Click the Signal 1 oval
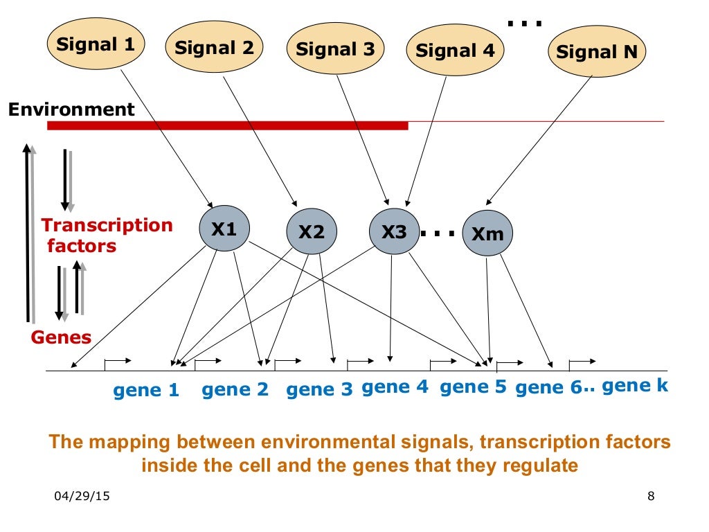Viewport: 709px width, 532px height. click(x=96, y=44)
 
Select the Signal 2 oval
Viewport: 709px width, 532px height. click(x=214, y=48)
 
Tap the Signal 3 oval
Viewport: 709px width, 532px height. click(x=335, y=49)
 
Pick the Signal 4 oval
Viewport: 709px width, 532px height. click(x=455, y=51)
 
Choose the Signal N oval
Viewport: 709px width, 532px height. click(x=596, y=51)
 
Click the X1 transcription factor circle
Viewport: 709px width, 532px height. click(x=224, y=229)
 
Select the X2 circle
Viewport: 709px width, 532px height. click(x=312, y=232)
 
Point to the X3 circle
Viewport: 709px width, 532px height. click(x=394, y=231)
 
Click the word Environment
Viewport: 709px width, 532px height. click(x=71, y=109)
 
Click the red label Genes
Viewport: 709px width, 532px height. click(x=61, y=337)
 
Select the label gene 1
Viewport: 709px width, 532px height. click(x=146, y=391)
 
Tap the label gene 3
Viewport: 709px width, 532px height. click(x=319, y=390)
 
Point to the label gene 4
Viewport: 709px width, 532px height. click(x=395, y=387)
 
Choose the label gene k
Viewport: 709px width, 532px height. click(x=635, y=386)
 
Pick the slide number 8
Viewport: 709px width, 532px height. click(x=650, y=496)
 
